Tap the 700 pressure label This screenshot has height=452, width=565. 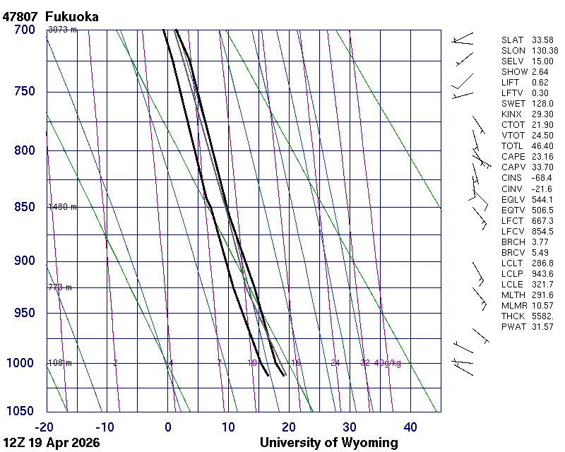(x=24, y=30)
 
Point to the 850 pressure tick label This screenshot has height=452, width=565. (x=24, y=207)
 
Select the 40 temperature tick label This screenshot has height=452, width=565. (x=410, y=427)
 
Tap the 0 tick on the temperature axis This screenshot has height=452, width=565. (x=168, y=427)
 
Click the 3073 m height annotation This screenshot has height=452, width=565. (x=62, y=30)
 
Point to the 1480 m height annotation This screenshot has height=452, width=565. (x=62, y=207)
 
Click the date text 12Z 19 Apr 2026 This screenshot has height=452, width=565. (x=52, y=443)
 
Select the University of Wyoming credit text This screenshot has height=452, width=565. (x=329, y=443)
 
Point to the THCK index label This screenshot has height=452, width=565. (x=513, y=316)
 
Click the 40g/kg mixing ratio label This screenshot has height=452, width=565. (x=388, y=363)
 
